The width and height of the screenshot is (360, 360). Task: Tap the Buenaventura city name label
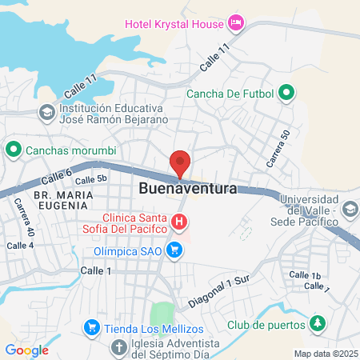coord(188,190)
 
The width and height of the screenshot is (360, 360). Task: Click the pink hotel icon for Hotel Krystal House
coord(236,22)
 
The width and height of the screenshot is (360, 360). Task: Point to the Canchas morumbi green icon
coord(14,150)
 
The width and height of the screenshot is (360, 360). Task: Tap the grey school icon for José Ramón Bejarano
coord(47,113)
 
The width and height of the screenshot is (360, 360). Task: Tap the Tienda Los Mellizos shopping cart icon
coord(93,328)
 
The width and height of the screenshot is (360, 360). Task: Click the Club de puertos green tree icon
coord(318,324)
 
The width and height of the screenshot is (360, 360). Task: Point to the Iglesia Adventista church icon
coord(118,347)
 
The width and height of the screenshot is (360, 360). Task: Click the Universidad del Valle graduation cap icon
coord(350,209)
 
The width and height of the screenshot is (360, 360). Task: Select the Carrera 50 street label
coord(277,149)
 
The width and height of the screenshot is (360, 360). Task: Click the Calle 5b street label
coord(90,180)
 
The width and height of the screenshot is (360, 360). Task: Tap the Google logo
coord(26,350)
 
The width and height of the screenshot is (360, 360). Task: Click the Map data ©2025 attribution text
coord(326,354)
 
